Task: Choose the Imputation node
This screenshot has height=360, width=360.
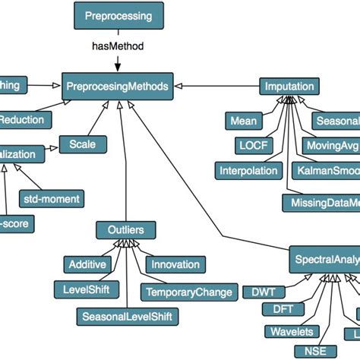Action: tap(289, 87)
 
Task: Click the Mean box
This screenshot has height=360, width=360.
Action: tap(245, 120)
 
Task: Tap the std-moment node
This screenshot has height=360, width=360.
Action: tap(52, 199)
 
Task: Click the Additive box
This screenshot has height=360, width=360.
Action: tap(88, 264)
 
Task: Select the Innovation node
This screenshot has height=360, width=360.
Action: tap(175, 264)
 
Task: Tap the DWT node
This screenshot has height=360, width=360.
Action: tap(258, 291)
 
